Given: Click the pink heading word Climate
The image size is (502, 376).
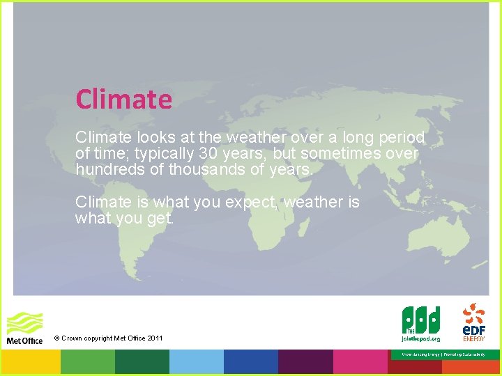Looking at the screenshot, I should [x=123, y=99].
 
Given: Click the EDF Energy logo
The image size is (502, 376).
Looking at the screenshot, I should [x=474, y=321].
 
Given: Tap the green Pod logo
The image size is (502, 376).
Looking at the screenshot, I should [x=420, y=322].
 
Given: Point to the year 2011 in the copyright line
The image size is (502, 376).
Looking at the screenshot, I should [x=155, y=338].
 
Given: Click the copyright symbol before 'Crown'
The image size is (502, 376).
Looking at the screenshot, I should [x=56, y=338].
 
